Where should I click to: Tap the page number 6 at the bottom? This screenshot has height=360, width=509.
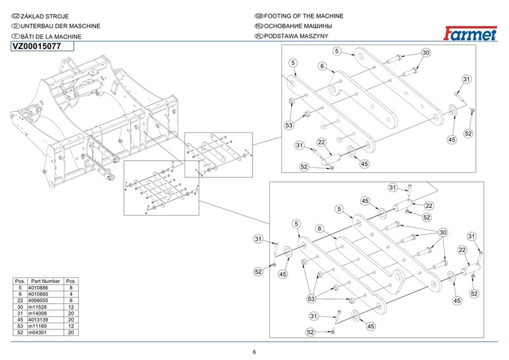[x=254, y=352]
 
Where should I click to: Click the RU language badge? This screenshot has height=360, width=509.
[x=258, y=26]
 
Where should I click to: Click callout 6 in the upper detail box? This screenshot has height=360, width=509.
[x=323, y=66]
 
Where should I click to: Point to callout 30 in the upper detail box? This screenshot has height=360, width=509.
[x=426, y=52]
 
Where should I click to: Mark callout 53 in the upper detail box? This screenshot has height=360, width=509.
[x=289, y=126]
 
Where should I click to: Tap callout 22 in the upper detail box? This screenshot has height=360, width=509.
[x=321, y=142]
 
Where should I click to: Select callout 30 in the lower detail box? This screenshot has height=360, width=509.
[x=443, y=232]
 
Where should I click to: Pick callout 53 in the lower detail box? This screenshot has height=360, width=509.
[x=312, y=298]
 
